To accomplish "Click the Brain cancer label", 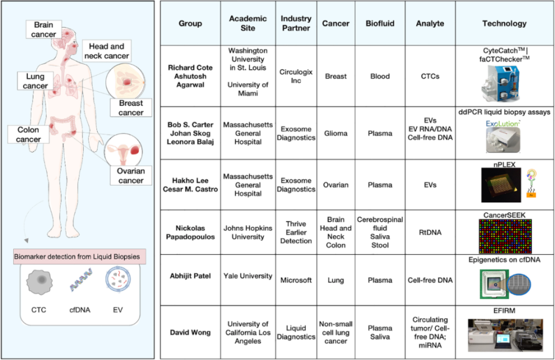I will click(x=44, y=29).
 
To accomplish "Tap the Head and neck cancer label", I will click(x=106, y=51).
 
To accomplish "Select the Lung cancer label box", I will click(x=36, y=81).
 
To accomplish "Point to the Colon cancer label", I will click(x=28, y=134).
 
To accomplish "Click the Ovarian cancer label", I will click(x=130, y=175).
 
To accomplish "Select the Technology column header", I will click(x=504, y=24).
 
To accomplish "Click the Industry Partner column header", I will click(x=296, y=24).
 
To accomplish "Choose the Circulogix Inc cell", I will click(x=296, y=76).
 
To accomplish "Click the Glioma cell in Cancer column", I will click(x=336, y=133).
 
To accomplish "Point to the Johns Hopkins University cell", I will click(x=247, y=232).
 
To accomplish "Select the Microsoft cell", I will click(x=296, y=280).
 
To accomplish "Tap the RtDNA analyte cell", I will click(x=430, y=232).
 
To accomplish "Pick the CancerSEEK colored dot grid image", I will click(x=505, y=237).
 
